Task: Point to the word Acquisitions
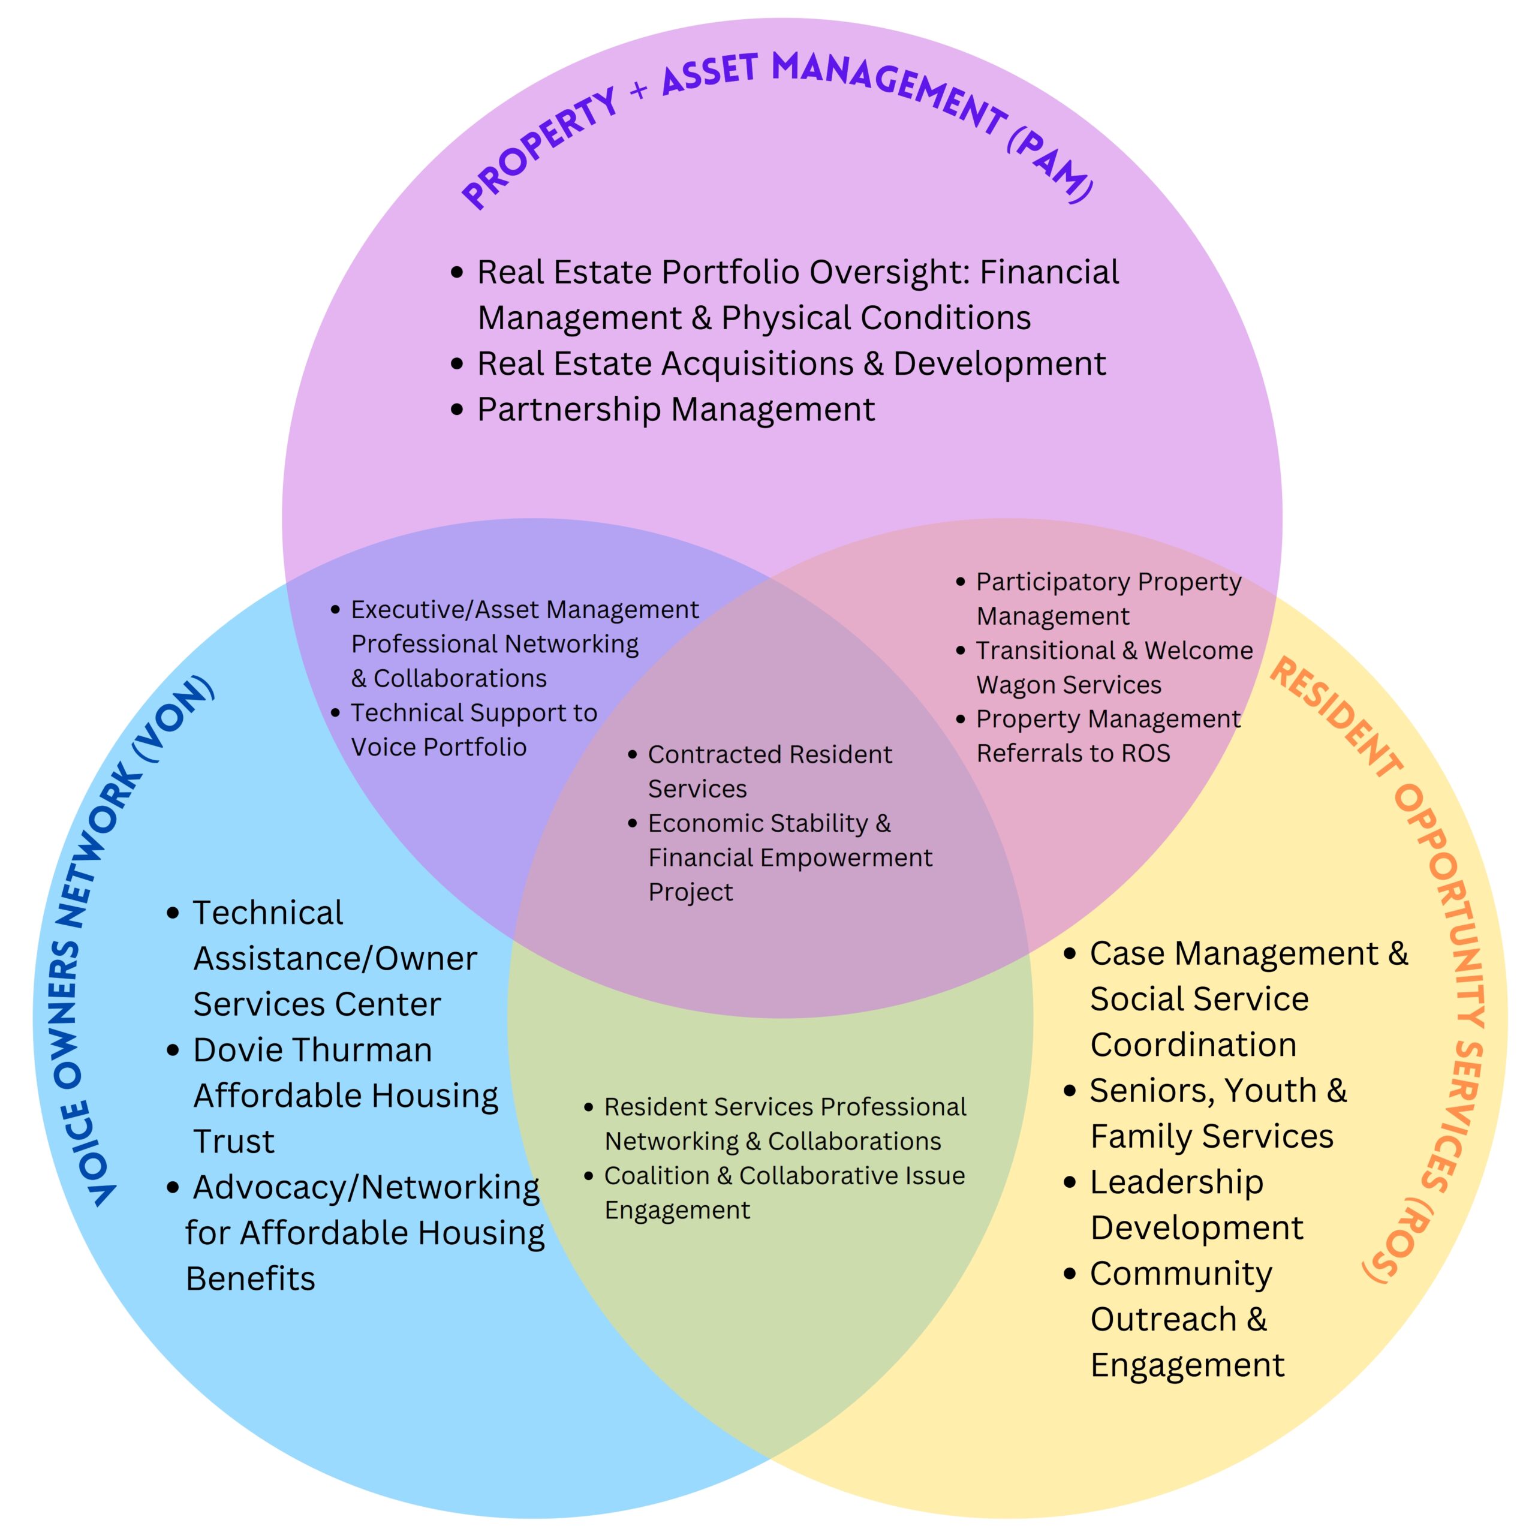[757, 364]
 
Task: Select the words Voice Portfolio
[438, 748]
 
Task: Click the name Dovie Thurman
[312, 1051]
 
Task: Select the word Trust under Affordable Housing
[234, 1142]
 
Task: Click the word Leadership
[1176, 1183]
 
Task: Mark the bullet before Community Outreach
[1070, 1274]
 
